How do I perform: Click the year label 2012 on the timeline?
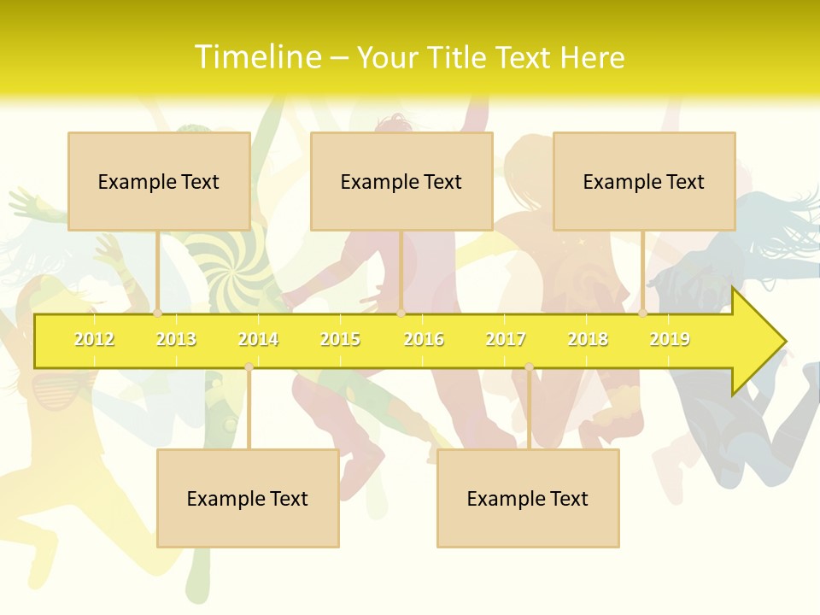tap(94, 339)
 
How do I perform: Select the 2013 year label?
tap(176, 339)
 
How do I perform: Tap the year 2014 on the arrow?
tap(258, 339)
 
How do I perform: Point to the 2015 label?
tap(340, 339)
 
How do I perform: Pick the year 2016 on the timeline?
tap(424, 339)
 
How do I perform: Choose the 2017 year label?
tap(506, 339)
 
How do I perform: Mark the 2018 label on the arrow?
tap(588, 339)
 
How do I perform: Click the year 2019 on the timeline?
tap(670, 339)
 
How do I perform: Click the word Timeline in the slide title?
tap(255, 57)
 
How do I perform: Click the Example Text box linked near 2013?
tap(159, 181)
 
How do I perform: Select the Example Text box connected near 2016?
tap(401, 181)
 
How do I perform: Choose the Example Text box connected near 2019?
tap(644, 181)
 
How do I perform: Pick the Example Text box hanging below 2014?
tap(248, 498)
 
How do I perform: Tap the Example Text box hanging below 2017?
tap(528, 498)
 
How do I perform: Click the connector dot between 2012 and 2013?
tap(157, 313)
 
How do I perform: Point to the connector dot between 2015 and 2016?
tap(401, 313)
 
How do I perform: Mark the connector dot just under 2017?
tap(529, 367)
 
